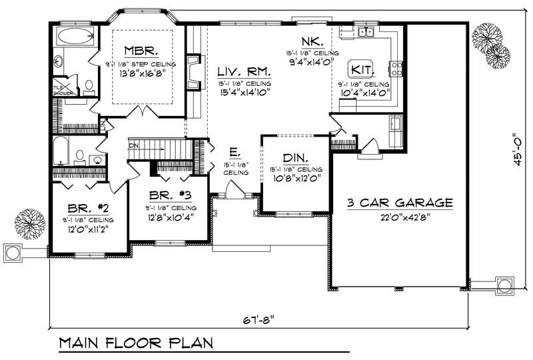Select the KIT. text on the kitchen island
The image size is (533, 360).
pos(362,69)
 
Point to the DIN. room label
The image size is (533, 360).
pos(294,158)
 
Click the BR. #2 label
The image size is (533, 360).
pos(87,207)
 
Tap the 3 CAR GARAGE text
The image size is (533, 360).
pos(400,202)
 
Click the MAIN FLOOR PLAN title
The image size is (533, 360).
pos(135,343)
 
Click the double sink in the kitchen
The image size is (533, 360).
pos(365,31)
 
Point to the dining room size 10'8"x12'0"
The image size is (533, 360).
pos(295,178)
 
